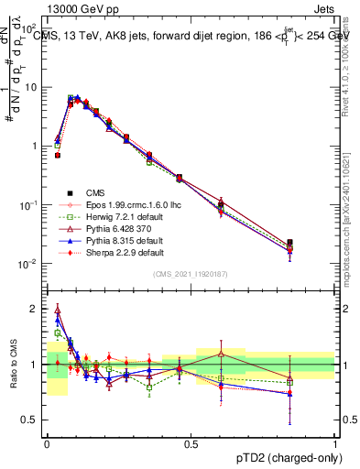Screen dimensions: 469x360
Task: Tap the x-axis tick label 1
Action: click(334, 443)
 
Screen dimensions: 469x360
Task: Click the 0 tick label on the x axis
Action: click(47, 443)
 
